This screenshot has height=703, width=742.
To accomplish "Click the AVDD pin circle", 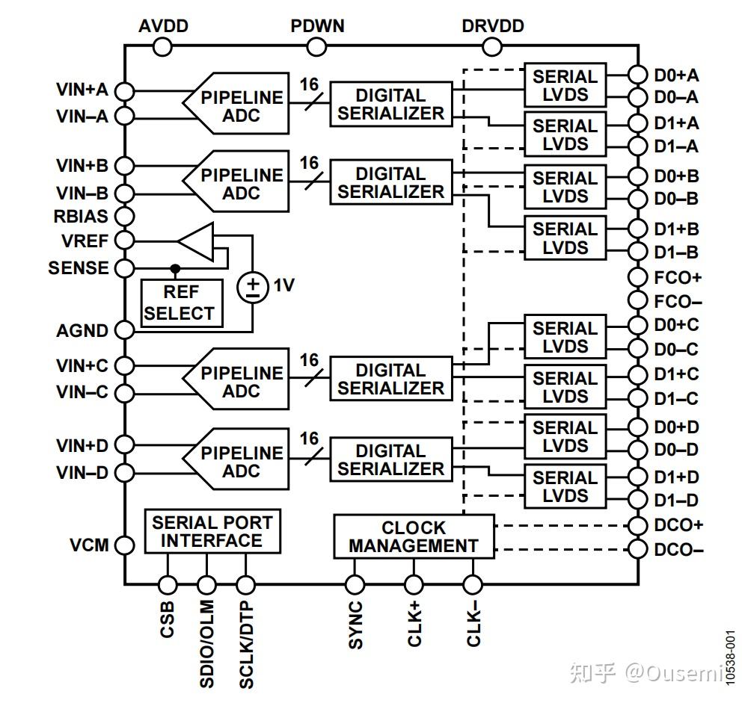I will click(x=162, y=47).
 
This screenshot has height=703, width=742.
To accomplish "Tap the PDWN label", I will click(x=317, y=26).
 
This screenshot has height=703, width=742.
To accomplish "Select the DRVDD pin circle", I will click(x=492, y=47).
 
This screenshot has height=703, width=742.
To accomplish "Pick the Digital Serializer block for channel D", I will click(x=391, y=460).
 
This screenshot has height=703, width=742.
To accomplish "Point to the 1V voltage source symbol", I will click(x=253, y=286).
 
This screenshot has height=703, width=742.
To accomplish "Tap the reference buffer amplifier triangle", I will click(x=196, y=241).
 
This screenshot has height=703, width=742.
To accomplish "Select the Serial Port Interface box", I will click(x=212, y=531).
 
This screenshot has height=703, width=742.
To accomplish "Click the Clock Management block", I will click(x=414, y=536).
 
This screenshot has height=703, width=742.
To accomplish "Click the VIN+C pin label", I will click(x=82, y=366).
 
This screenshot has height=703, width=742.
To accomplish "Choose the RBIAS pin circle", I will click(x=125, y=217).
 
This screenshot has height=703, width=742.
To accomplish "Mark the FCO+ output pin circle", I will click(x=637, y=277).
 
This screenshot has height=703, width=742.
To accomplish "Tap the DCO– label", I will click(x=678, y=550).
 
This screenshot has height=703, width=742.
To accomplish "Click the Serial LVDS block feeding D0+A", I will click(x=565, y=84).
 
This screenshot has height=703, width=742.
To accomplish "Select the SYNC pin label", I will click(x=355, y=625).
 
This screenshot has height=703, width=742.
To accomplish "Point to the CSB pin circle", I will click(x=168, y=584).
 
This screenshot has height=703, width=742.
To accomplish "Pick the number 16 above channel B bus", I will click(x=309, y=162).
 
